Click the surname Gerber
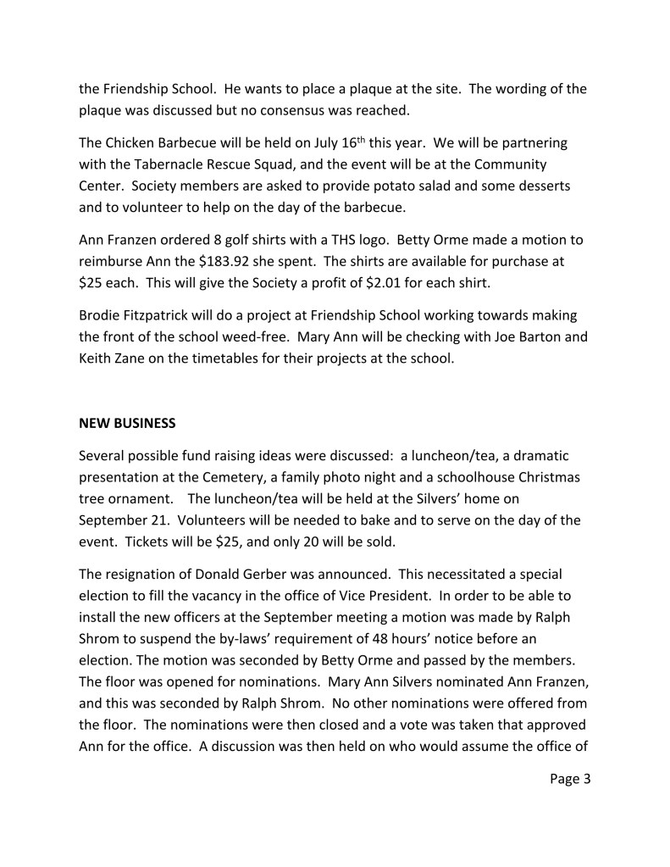268,573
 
